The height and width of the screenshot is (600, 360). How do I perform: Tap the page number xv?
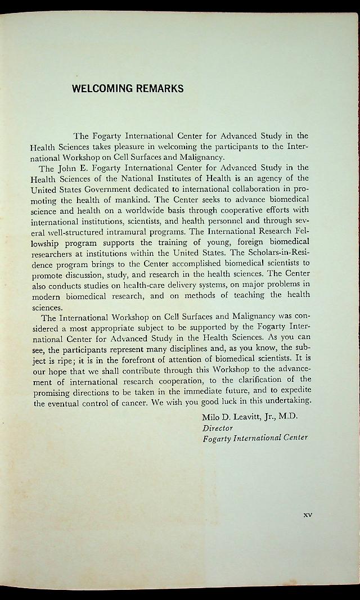pyautogui.click(x=307, y=514)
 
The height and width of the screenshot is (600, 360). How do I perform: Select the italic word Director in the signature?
pyautogui.click(x=218, y=428)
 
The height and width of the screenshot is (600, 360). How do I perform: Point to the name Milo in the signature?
pyautogui.click(x=211, y=417)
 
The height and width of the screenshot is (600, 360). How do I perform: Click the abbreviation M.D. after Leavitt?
pyautogui.click(x=286, y=417)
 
